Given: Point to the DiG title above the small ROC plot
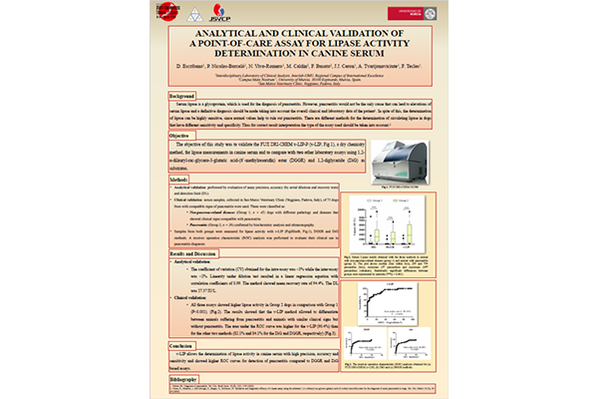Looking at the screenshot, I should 408,302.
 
